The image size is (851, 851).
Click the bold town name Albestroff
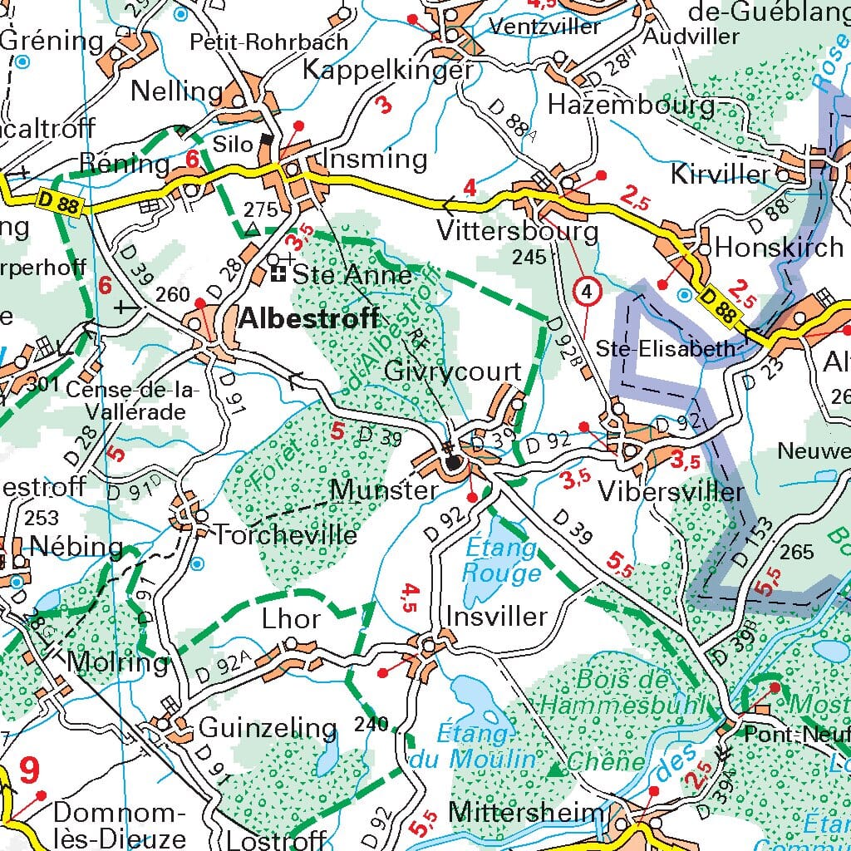click(308, 318)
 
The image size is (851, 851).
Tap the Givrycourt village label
click(452, 371)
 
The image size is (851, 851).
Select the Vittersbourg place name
click(517, 230)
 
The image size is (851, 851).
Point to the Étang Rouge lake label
click(501, 561)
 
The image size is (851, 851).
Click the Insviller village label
click(497, 617)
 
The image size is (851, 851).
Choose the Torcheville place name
click(285, 534)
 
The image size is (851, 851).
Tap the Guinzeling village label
click(268, 729)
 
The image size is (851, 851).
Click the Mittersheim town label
click(526, 812)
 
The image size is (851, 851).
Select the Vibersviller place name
click(671, 491)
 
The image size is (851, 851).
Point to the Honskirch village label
click(779, 248)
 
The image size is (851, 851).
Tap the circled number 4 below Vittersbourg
click(588, 292)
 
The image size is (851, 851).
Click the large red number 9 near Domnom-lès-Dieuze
click(28, 770)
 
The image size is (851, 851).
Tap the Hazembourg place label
click(631, 106)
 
